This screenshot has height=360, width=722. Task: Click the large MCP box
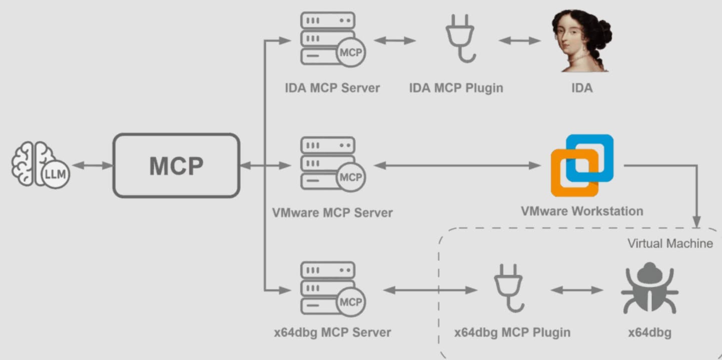176,165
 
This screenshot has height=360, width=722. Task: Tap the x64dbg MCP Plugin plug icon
508,287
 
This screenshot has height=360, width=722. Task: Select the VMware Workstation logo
582,165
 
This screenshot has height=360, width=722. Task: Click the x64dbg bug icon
649,288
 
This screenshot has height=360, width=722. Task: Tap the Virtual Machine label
670,243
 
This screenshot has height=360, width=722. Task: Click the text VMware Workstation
582,211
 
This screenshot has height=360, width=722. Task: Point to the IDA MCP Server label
332,88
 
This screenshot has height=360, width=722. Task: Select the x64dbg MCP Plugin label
512,332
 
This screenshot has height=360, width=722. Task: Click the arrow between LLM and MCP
93,165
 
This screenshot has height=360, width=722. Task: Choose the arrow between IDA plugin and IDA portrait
520,40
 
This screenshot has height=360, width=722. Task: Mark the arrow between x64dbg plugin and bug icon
577,290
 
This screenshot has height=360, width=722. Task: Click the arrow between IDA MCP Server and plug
395,40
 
